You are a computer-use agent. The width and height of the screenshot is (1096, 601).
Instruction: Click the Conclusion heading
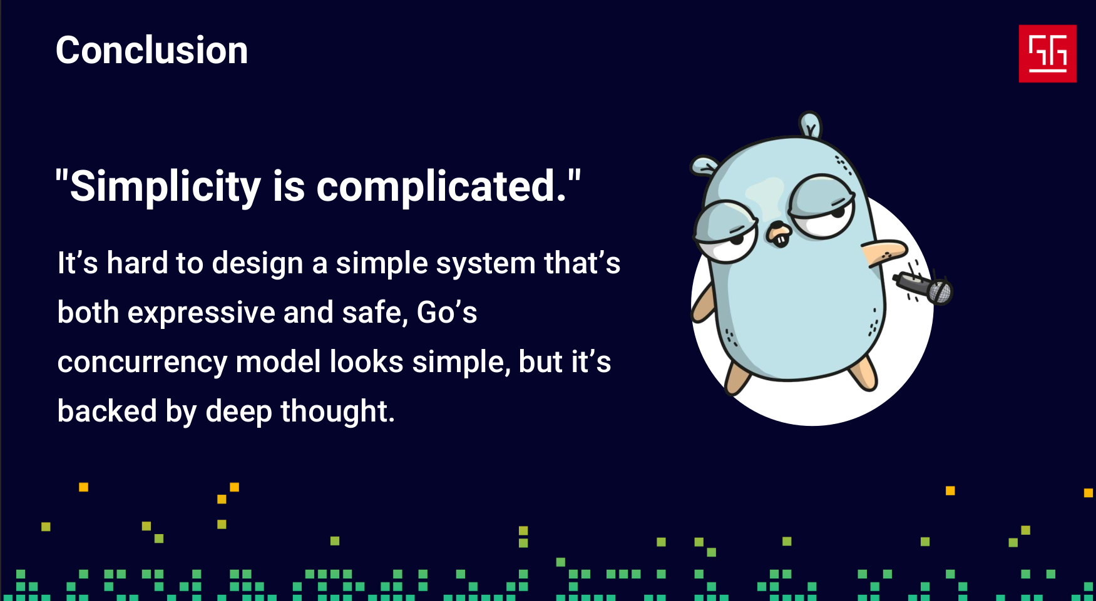click(x=152, y=50)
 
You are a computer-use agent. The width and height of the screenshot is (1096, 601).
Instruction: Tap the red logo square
click(x=1047, y=54)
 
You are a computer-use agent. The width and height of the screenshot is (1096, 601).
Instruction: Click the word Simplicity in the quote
click(x=165, y=186)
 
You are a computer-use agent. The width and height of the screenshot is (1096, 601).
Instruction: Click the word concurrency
click(x=143, y=363)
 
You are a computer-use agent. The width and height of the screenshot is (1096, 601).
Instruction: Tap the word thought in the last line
click(x=338, y=411)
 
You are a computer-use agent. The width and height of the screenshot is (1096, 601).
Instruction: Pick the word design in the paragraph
click(x=258, y=263)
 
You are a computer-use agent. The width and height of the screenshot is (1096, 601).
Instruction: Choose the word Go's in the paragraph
click(x=447, y=312)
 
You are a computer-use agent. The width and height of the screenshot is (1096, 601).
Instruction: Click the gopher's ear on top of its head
click(x=811, y=124)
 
